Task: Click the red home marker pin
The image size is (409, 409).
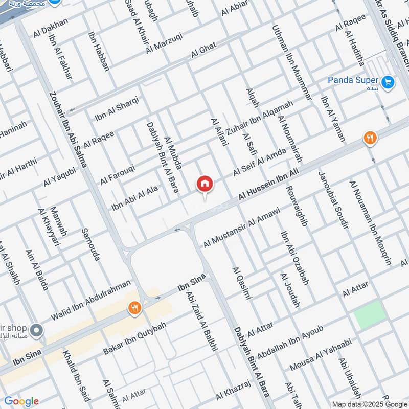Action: pos(204,184)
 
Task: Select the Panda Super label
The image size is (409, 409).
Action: pos(353,80)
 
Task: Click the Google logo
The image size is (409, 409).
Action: pos(21,401)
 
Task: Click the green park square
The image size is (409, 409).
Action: pos(370,314)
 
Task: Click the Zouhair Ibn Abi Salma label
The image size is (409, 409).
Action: pos(67,130)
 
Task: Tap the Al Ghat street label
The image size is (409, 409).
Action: pos(204,51)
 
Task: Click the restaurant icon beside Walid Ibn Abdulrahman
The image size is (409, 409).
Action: pos(135,308)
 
